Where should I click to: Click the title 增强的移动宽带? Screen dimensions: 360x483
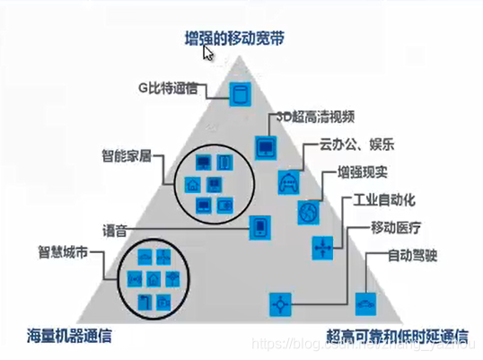pos(235,40)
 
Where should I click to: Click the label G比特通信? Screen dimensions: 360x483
pos(170,88)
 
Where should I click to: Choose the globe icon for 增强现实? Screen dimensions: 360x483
pos(308,212)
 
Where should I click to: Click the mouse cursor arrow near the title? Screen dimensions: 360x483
pos(208,53)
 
